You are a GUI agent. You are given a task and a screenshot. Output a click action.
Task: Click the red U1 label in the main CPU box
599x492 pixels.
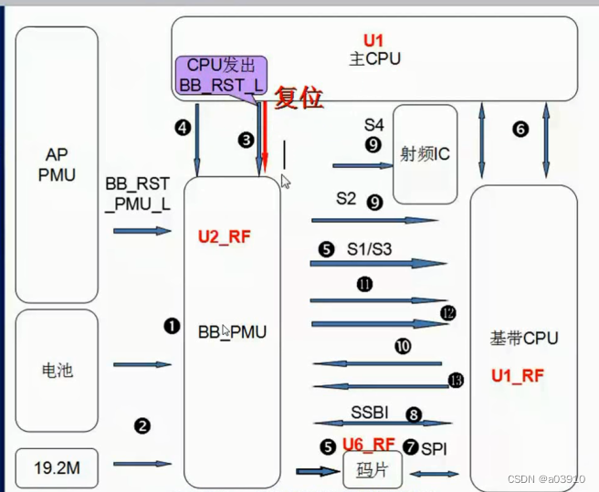coord(374,41)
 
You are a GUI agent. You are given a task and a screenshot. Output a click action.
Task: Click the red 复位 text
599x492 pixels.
coord(299,98)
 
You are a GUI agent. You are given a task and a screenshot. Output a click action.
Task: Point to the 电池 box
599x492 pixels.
coord(57,370)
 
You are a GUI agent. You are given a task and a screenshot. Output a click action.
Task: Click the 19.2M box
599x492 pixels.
coord(57,468)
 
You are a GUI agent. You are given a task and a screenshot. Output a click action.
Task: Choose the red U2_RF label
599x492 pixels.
coord(224,237)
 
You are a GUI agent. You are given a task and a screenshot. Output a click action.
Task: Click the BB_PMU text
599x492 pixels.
coord(232,332)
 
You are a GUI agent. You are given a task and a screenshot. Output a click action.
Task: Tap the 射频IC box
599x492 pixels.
coord(425,153)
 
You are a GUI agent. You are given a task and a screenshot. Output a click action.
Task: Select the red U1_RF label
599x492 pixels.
coord(518,375)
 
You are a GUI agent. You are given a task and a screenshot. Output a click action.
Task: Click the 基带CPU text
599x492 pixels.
coord(523,339)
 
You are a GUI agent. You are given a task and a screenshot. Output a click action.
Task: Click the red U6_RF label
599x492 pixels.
coord(368,445)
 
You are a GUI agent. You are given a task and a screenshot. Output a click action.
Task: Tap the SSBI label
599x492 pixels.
coord(370,413)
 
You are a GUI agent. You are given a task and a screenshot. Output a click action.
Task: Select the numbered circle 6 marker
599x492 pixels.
coord(520,130)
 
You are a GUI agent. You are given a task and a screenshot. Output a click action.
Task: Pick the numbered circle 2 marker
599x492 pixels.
coord(142,425)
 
